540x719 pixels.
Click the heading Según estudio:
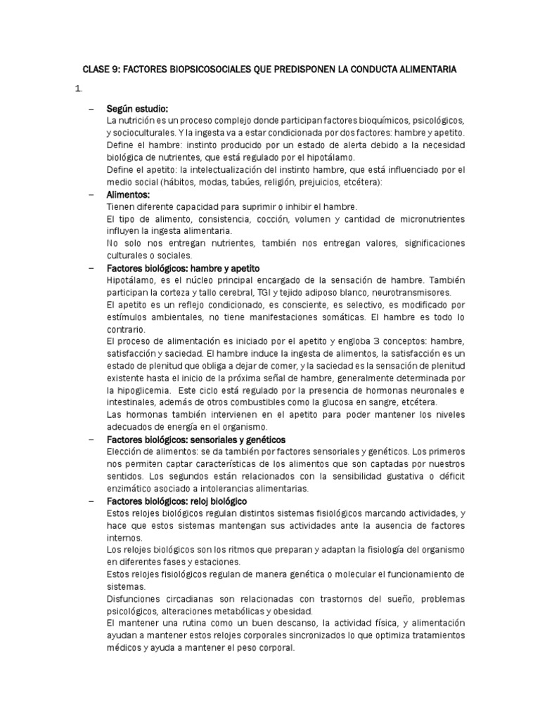click(137, 109)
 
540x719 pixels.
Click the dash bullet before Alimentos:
click(92, 194)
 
